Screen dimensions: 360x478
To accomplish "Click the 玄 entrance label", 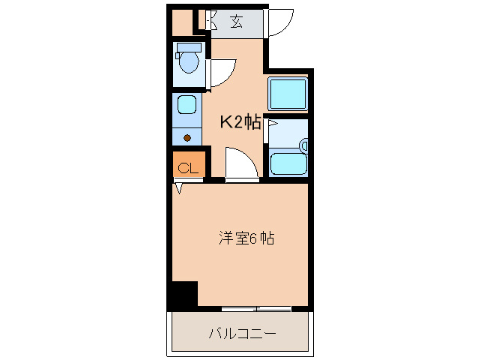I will (236, 22).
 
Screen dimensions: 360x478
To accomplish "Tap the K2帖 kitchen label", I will (240, 123).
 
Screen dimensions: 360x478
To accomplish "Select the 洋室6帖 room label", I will (246, 239).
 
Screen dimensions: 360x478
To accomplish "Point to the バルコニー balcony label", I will (241, 333).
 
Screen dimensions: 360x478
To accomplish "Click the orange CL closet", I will (187, 166).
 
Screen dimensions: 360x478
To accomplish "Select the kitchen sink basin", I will (187, 105).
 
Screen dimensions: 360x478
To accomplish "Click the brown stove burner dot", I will (187, 137).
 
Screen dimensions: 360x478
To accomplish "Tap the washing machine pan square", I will (288, 94).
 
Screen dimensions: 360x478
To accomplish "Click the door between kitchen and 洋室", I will (241, 165).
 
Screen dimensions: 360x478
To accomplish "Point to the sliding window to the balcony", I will (256, 308).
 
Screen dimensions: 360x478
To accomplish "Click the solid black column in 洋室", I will (183, 294).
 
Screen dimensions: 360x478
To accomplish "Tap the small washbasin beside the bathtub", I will (303, 145).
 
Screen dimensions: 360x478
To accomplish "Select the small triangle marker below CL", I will (179, 189).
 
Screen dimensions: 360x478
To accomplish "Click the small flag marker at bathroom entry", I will (273, 123).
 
